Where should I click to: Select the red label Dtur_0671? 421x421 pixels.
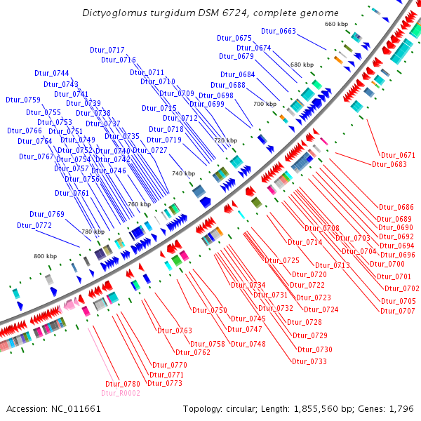[x=398, y=155]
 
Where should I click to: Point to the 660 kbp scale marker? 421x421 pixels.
[x=336, y=24]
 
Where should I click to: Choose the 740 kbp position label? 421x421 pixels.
[x=183, y=173]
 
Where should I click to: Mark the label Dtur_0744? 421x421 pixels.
[x=51, y=74]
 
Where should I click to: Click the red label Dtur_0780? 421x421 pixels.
[x=123, y=384]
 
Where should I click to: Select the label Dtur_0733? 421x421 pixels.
[x=309, y=361]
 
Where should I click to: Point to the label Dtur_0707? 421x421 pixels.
[x=398, y=310]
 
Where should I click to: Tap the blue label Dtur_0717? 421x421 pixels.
[x=107, y=50]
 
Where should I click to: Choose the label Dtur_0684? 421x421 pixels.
[x=238, y=74]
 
